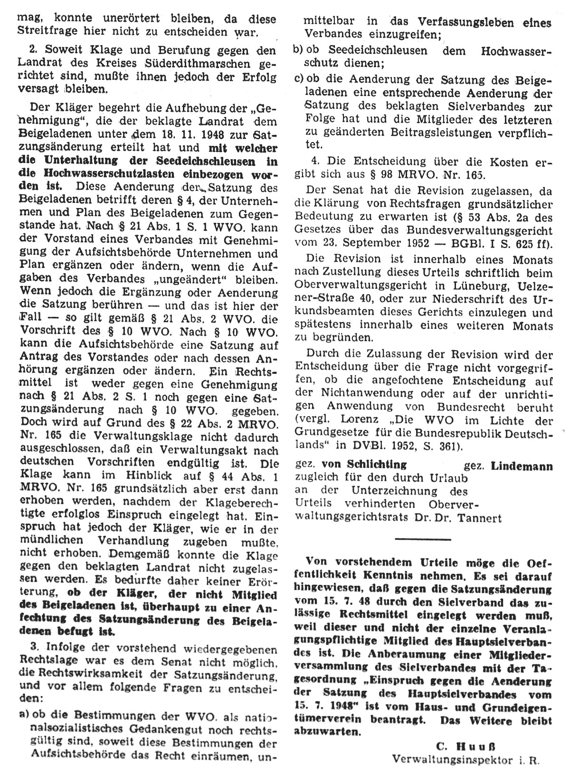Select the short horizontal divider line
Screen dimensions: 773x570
tap(423, 539)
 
